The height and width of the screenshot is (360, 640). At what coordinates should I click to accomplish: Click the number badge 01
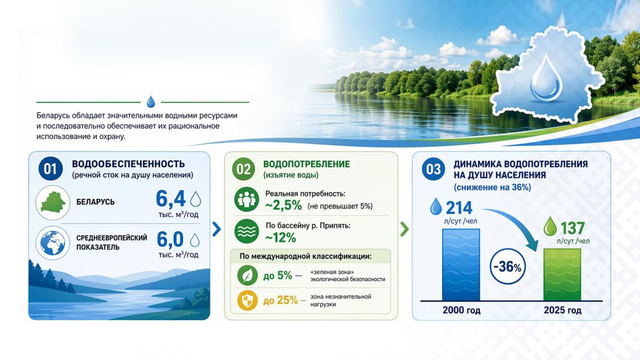coord(50,169)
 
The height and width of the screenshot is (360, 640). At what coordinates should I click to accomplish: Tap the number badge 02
coord(244,169)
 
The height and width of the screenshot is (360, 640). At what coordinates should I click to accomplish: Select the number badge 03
coord(433,169)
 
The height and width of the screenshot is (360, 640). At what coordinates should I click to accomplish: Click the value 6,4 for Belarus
coord(171,199)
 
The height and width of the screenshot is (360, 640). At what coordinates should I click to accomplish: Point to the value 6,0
coord(170,239)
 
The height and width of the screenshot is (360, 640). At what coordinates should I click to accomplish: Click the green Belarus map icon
coord(53,203)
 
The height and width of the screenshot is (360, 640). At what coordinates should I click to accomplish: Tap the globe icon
coord(53,243)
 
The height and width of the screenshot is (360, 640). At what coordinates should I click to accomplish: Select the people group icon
coord(247,200)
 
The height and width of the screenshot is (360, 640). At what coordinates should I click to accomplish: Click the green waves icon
coord(247,231)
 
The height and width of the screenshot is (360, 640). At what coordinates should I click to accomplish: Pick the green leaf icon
coord(247,276)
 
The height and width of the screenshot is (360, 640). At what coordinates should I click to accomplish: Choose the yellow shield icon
coord(247,300)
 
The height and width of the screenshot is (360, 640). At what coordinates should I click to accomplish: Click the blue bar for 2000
coord(461,264)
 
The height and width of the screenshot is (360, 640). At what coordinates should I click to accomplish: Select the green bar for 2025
coord(562,275)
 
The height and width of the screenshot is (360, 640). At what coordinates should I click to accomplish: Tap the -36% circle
coord(508,266)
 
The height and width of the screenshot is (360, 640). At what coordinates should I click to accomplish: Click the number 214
coord(459,208)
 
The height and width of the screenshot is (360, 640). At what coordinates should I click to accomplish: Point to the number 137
coord(572,229)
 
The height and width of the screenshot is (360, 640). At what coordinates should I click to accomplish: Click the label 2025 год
coord(562,310)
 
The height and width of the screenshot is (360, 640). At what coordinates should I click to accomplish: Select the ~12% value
coord(281,238)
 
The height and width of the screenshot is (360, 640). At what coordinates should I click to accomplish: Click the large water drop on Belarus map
coord(546,78)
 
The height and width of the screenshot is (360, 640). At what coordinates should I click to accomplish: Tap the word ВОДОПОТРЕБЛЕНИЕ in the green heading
coord(306,164)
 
